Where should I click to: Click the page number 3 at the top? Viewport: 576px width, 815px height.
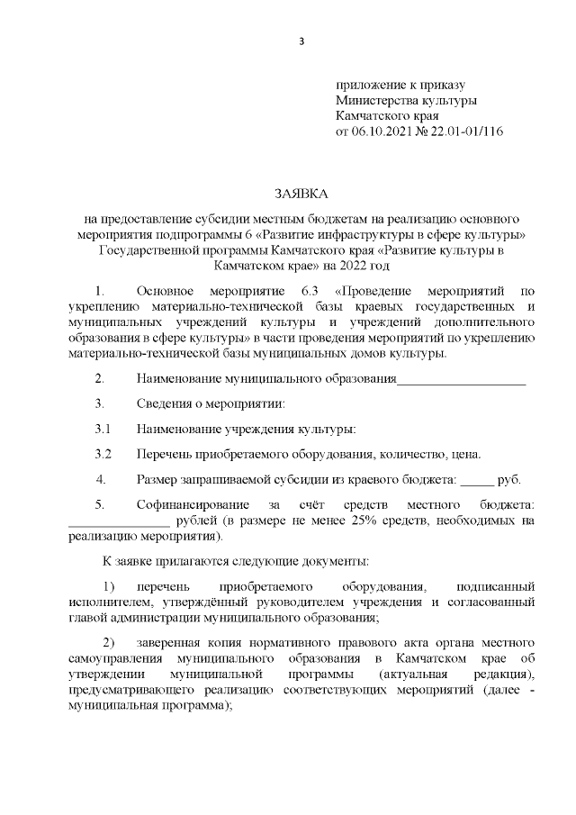point(301,41)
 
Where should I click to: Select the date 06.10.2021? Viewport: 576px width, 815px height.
point(379,131)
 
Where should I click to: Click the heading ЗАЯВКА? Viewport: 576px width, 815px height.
point(301,194)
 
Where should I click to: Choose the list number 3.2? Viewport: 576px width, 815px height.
point(103,453)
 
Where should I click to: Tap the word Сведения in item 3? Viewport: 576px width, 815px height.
point(163,403)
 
